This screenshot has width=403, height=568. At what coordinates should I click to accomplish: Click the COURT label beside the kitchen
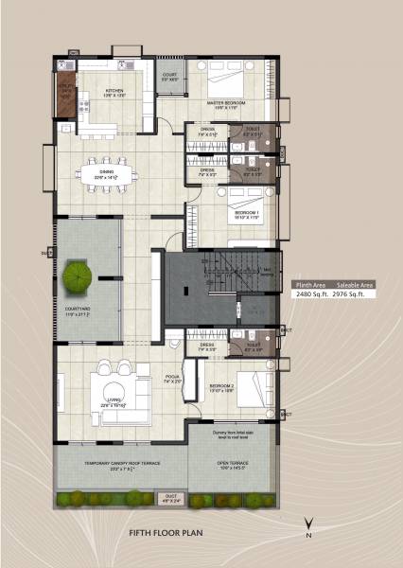(x=170, y=76)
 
